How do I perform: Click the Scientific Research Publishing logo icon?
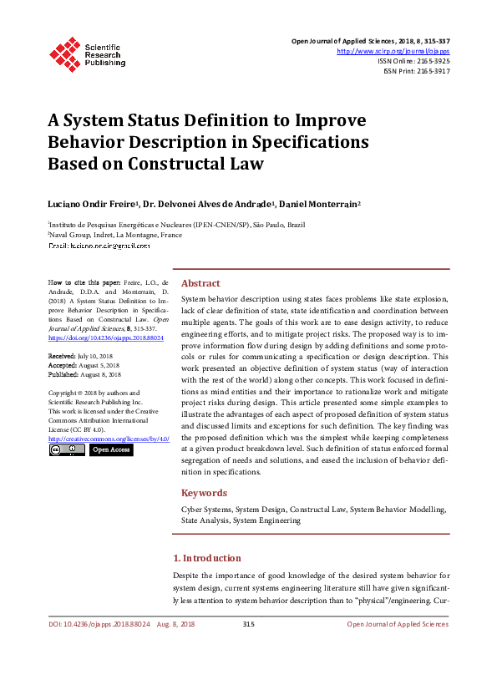[x=64, y=53]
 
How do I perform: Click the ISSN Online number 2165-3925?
[x=432, y=61]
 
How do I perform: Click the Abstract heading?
[x=200, y=283]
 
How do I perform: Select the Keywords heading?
[x=204, y=493]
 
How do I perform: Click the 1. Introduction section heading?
[x=206, y=558]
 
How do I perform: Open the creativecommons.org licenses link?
[x=109, y=439]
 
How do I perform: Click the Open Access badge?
[x=111, y=449]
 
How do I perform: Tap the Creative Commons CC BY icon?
[x=66, y=449]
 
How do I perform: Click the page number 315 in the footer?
[x=248, y=624]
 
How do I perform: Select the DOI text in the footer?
[x=99, y=624]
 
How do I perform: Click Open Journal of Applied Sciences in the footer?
[x=398, y=624]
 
